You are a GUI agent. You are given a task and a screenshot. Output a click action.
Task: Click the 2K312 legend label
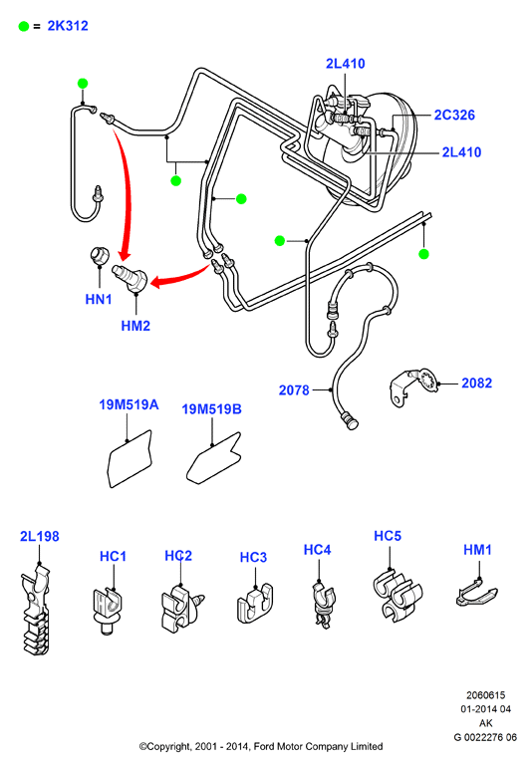pos(68,26)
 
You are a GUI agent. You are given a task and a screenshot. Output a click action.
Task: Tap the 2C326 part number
pos(454,115)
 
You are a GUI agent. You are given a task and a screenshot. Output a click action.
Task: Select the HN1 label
pos(99,299)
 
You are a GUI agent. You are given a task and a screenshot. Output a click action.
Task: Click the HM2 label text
pos(135,326)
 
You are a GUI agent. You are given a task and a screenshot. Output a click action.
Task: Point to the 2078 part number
pos(294,390)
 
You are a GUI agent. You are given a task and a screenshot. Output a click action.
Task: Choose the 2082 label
pos(477,383)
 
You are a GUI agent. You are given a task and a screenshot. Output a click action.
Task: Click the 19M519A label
pos(129,404)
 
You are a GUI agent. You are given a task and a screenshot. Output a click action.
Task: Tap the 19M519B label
pos(211,408)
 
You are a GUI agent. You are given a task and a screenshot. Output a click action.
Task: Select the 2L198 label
pos(40,536)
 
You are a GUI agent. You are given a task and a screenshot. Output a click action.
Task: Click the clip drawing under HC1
pos(107,611)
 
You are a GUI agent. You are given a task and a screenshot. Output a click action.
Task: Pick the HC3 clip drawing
pos(255,605)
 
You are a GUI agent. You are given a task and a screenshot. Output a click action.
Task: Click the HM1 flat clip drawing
pos(476,592)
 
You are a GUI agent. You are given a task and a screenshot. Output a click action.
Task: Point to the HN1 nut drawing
pos(100,255)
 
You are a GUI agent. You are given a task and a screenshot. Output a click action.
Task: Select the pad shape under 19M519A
pos(130,459)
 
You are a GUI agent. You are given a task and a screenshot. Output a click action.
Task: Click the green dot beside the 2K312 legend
pos(24,26)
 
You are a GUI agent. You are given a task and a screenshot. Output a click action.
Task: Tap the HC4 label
pos(317,550)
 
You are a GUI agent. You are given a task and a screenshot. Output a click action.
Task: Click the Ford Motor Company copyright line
pos(261,746)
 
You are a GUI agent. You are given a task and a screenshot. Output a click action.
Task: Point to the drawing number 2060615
pos(485,695)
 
